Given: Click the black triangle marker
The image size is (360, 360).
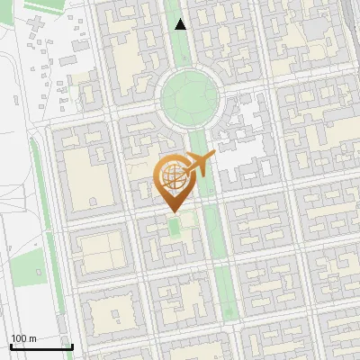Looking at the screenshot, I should pyautogui.click(x=181, y=24).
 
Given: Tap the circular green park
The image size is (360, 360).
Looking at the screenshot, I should pyautogui.click(x=190, y=95).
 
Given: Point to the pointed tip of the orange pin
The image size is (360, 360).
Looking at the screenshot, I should pyautogui.click(x=172, y=212).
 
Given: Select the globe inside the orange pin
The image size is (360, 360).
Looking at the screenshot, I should pyautogui.click(x=172, y=177).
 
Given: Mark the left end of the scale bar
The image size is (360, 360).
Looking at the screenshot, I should pyautogui.click(x=10, y=346).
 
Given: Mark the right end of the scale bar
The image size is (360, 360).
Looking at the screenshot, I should pyautogui.click(x=72, y=346).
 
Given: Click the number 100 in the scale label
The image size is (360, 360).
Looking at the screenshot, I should pyautogui.click(x=20, y=338).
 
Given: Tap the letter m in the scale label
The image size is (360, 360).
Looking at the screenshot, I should pyautogui.click(x=32, y=338).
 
